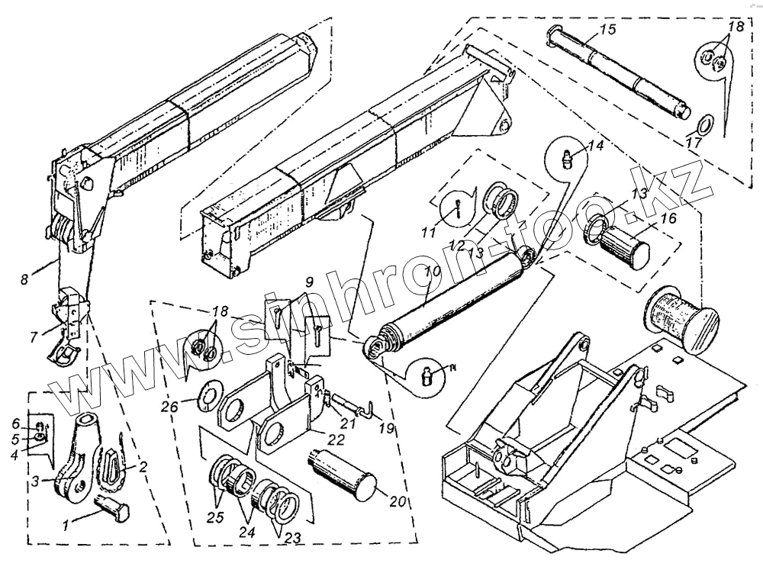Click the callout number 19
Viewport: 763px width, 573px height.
pos(387,430)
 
